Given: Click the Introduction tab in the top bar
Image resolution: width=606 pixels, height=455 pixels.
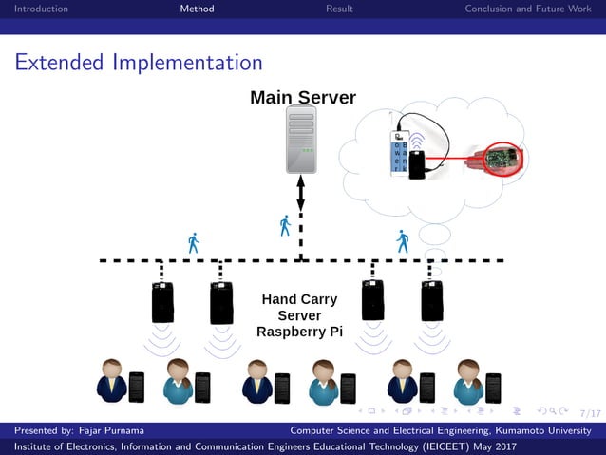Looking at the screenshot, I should [x=35, y=9].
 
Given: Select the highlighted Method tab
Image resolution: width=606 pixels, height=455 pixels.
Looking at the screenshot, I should [x=197, y=9].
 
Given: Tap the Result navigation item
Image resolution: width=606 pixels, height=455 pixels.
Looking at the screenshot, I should [x=339, y=9].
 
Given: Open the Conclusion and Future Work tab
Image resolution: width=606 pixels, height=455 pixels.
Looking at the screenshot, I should [x=527, y=9].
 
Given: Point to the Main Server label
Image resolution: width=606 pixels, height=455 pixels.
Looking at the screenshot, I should [x=302, y=98].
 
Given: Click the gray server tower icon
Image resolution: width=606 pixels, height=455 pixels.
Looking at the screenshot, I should [x=301, y=140].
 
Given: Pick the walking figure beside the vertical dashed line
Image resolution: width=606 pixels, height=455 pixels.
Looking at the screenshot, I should [x=285, y=226].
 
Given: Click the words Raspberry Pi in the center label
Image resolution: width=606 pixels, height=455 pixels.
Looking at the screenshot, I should [x=299, y=332].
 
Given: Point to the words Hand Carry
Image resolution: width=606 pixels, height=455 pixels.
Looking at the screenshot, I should [x=299, y=299].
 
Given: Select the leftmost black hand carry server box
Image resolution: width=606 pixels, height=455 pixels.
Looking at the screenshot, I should [x=162, y=301].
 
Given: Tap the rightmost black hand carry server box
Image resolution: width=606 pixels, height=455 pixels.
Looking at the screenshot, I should [x=432, y=301].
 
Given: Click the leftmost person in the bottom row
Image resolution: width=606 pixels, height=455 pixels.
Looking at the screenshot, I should [x=112, y=382].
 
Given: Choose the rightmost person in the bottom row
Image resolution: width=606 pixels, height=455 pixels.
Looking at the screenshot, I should [x=468, y=382].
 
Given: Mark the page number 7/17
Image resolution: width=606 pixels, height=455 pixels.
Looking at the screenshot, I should [x=589, y=413].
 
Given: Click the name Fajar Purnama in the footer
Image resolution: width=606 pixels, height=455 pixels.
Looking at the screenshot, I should [x=106, y=430].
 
